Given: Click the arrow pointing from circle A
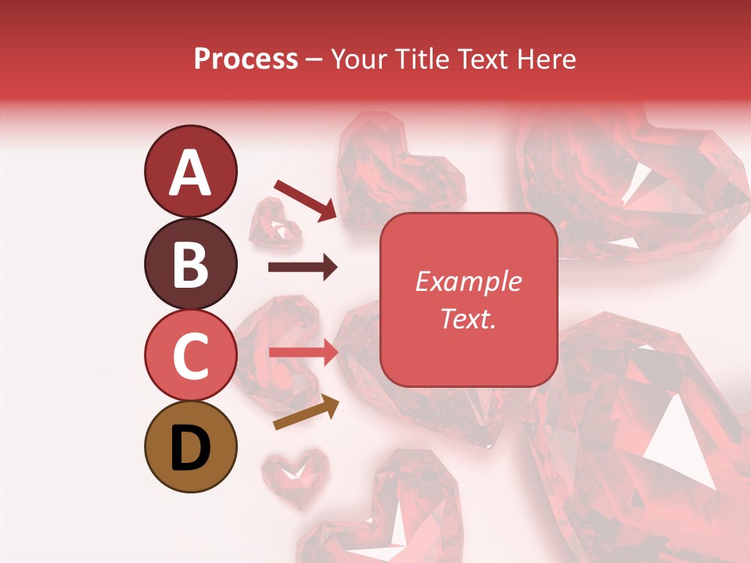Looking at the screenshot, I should pos(305,200).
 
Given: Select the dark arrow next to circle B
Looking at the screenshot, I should pos(303,267).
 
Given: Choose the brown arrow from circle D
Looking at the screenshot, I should pos(306,413).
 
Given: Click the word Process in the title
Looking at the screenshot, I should pos(246,59).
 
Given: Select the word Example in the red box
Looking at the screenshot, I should pos(468,281).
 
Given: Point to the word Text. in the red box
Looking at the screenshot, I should pos(468,318).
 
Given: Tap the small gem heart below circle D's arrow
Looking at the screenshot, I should pos(294,476).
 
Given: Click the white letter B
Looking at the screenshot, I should pos(190,264).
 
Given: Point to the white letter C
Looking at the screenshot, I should pos(190,356).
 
